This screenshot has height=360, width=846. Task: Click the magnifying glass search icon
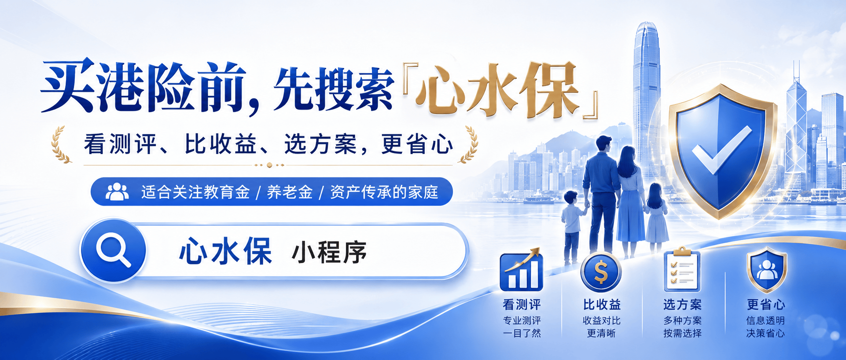tap(113, 250)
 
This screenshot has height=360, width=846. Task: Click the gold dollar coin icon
tap(601, 272)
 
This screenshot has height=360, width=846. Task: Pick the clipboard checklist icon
tap(682, 269)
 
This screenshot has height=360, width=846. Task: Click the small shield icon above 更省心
tap(767, 270)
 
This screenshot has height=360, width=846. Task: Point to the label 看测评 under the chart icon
tap(522, 305)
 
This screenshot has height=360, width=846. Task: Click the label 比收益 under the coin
tap(602, 305)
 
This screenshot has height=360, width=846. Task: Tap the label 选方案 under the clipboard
tap(683, 305)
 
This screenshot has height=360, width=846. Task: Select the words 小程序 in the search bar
tap(329, 252)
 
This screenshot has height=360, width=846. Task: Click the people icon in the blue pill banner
tap(117, 192)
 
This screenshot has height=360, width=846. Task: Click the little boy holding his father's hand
tap(572, 227)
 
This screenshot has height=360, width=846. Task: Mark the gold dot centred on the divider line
tap(269, 165)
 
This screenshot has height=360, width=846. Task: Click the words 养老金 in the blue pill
tap(290, 192)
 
